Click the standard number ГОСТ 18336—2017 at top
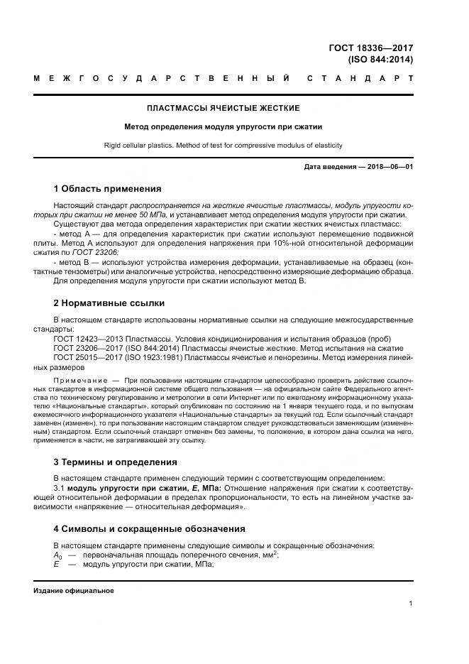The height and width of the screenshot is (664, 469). [x=371, y=48]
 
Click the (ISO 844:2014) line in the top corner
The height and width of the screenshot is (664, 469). [x=380, y=60]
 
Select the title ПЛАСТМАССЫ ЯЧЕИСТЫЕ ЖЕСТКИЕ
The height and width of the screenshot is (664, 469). [x=223, y=108]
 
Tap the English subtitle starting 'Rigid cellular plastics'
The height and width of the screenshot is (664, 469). [x=223, y=146]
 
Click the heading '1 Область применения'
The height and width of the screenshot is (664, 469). [x=107, y=189]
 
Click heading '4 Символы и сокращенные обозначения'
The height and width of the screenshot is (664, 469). [x=149, y=529]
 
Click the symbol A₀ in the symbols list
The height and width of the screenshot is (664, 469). [x=57, y=555]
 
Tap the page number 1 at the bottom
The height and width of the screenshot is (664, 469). [x=411, y=604]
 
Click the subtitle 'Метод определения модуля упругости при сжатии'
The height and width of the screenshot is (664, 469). [x=223, y=127]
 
